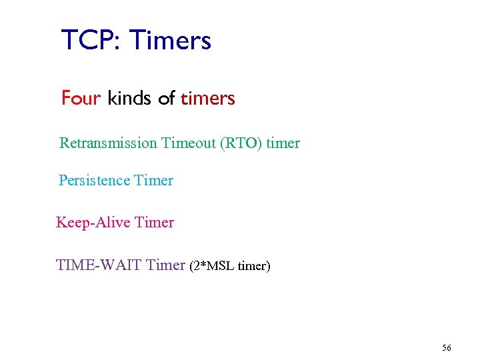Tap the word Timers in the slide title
pos(170,41)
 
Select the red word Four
pos(81,99)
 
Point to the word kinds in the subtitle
pos(130,99)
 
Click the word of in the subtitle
pos(167,99)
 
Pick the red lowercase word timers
pos(207,99)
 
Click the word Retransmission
pos(108,143)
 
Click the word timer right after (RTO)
pos(283,143)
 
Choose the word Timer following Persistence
pos(153,181)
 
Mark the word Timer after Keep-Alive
pos(154,223)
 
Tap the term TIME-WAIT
pos(99,265)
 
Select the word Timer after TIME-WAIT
pos(165,265)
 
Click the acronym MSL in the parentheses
pos(218,267)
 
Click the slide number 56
pos(446,348)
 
